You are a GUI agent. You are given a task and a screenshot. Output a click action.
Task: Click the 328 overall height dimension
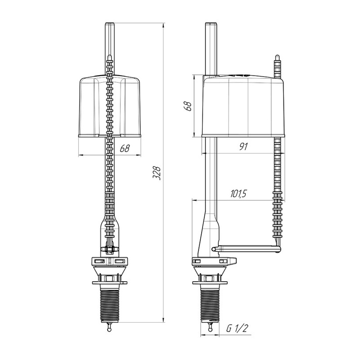pos(157,173)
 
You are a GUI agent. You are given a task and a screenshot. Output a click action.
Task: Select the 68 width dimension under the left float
pos(125,148)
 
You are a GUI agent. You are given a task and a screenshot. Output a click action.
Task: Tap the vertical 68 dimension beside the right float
pos(188,105)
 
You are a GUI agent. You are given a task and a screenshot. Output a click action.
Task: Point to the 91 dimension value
pos(243,147)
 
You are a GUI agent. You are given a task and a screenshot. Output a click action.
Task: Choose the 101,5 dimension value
pos(238,194)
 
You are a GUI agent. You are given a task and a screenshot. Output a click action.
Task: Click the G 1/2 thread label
pos(237,328)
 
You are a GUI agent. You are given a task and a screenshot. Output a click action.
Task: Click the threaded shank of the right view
pos(210,305)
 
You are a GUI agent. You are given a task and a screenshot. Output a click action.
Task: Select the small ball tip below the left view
pos(109,329)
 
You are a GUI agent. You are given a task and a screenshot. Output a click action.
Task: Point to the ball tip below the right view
pos(210,329)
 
